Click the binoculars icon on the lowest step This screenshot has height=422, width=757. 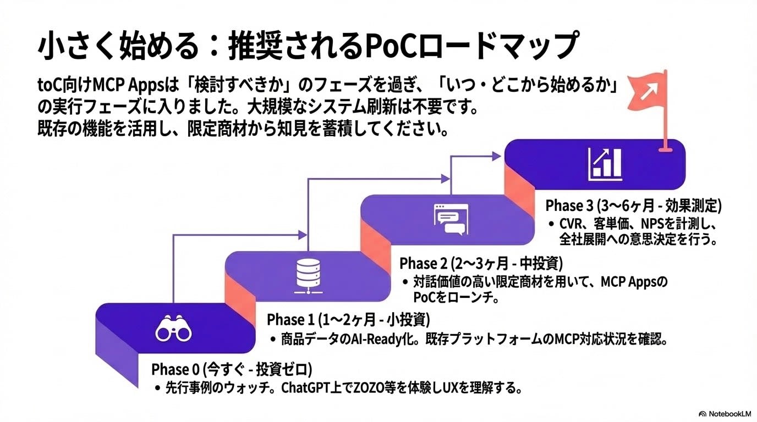pos(173,329)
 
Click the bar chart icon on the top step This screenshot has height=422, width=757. pos(604,163)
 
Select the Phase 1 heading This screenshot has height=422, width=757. pos(348,319)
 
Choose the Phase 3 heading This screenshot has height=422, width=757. pos(633,206)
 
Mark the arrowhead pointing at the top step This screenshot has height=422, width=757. pos(497,157)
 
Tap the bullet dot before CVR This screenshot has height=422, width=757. pos(552,225)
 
